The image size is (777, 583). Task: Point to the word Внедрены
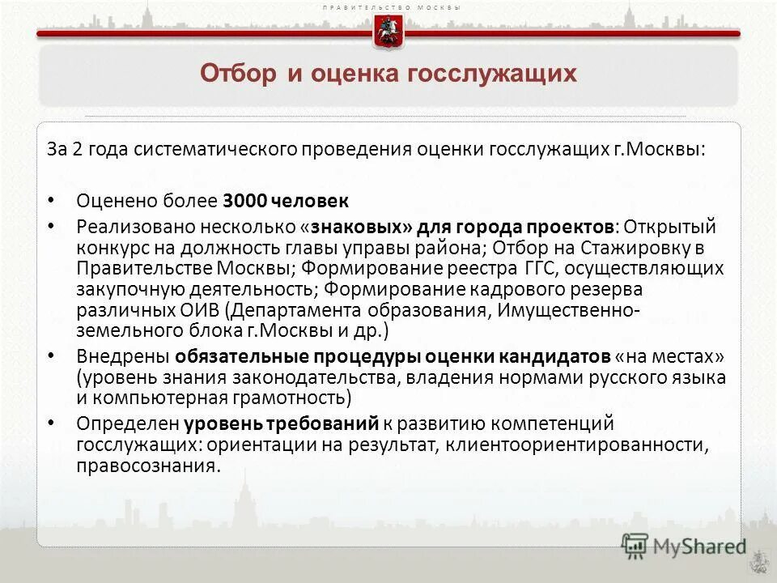[123, 356]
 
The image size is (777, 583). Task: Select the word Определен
[128, 423]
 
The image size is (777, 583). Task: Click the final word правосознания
[147, 466]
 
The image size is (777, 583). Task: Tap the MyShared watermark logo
[684, 546]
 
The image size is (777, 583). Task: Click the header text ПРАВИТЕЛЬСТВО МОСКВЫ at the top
[391, 7]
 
